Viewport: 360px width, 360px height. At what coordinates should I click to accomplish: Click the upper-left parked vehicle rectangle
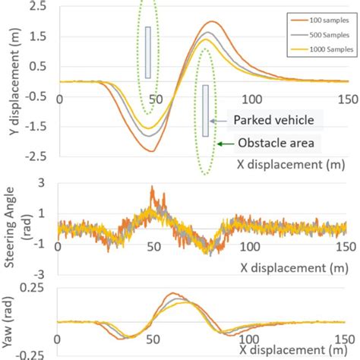coord(148,52)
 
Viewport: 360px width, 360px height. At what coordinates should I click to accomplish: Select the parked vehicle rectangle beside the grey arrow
coord(205,111)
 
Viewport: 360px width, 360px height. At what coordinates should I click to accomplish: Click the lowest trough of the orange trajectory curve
coord(151,150)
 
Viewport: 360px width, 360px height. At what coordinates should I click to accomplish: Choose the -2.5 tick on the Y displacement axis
coord(36,155)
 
